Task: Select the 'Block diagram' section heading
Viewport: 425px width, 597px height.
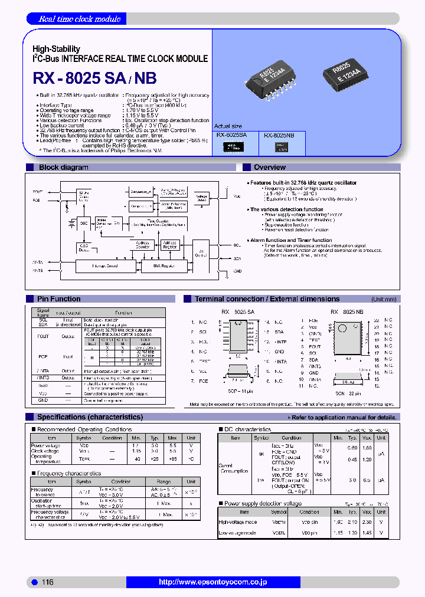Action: pyautogui.click(x=64, y=168)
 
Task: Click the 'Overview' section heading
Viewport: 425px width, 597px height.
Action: pyautogui.click(x=270, y=168)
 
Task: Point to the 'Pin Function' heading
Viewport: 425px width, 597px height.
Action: pyautogui.click(x=59, y=299)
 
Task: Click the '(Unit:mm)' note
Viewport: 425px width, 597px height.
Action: pyautogui.click(x=384, y=299)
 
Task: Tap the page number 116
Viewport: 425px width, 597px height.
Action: pyautogui.click(x=47, y=582)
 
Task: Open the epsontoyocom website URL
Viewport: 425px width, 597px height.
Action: pyautogui.click(x=213, y=582)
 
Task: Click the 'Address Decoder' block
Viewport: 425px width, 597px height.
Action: pyautogui.click(x=143, y=244)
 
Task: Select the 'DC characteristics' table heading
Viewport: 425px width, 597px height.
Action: pyautogui.click(x=247, y=429)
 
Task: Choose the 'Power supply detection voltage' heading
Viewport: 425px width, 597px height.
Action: pyautogui.click(x=263, y=504)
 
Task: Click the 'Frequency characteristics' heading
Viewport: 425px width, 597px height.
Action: pyautogui.click(x=69, y=473)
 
